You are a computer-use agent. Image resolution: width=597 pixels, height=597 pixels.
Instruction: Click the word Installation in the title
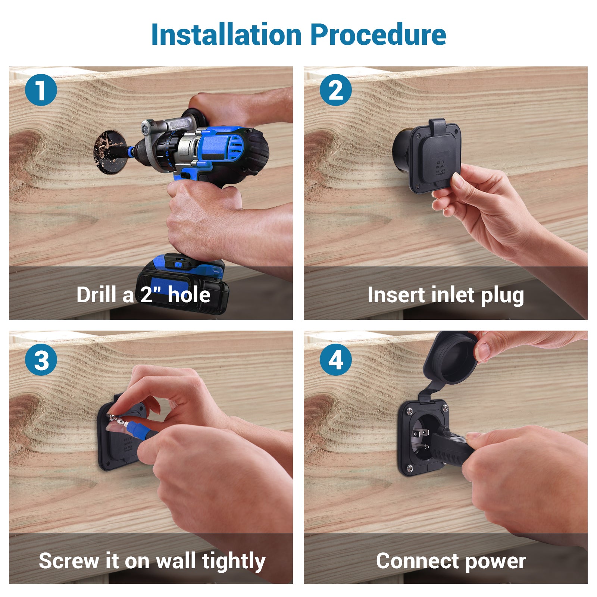[x=226, y=35]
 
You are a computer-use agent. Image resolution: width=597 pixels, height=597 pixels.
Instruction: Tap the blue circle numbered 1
[x=41, y=90]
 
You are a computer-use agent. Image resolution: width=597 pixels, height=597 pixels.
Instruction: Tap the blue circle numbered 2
[x=336, y=90]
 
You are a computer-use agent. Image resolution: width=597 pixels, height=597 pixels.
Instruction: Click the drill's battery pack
[x=183, y=284]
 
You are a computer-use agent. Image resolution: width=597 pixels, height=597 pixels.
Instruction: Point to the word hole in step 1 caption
[x=189, y=295]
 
